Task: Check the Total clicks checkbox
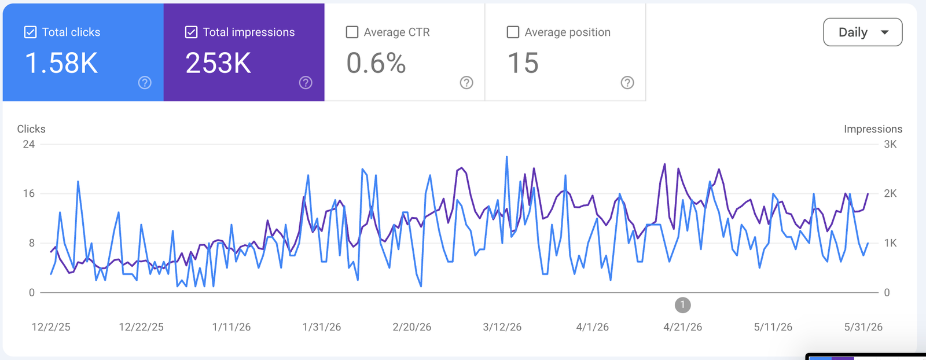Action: tap(30, 32)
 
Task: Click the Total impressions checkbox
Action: tap(191, 32)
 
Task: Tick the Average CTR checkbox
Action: tap(352, 32)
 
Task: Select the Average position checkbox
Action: tap(513, 32)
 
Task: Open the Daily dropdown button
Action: tap(863, 32)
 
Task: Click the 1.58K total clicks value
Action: tap(61, 63)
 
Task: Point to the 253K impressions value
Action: tap(218, 63)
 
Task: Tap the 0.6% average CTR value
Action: tap(376, 63)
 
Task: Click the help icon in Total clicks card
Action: tap(145, 83)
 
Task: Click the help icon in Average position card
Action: tap(627, 83)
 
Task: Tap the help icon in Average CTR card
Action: tap(466, 83)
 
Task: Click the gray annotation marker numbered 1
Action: tap(682, 306)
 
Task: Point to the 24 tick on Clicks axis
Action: tap(29, 144)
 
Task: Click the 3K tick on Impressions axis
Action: tap(891, 144)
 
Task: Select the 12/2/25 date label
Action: tap(51, 327)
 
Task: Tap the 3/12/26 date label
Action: tap(502, 327)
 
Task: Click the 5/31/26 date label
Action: tap(863, 327)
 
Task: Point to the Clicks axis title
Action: tap(31, 129)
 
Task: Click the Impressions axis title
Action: tap(873, 129)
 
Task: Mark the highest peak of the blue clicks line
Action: tap(507, 157)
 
